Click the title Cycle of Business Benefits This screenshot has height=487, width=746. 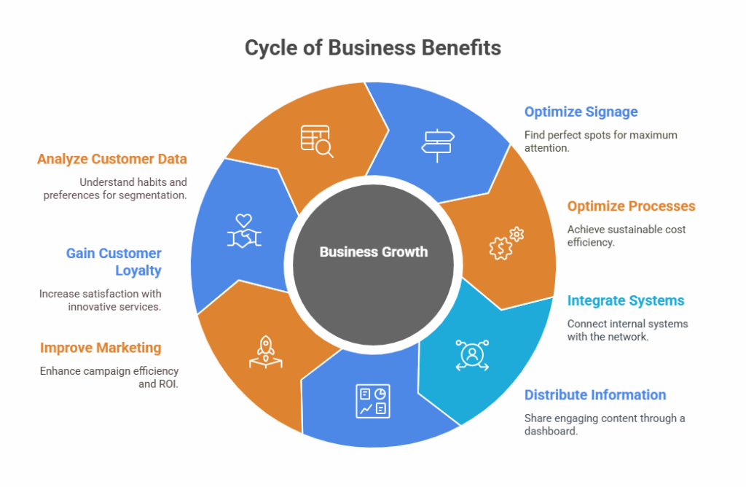point(372,48)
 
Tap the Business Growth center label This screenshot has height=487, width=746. point(373,252)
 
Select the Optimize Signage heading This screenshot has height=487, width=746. point(581,112)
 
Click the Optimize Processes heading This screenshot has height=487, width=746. point(631,206)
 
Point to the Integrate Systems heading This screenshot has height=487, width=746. point(626,300)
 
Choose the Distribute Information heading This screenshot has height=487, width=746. point(595,395)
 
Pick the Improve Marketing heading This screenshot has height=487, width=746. point(101,348)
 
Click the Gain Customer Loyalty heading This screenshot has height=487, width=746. point(114,262)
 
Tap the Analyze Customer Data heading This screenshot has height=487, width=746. point(112,159)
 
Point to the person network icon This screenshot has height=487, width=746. point(472,355)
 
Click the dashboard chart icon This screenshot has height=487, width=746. point(373,401)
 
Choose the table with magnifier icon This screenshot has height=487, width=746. point(317,141)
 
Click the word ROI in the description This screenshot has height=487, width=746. point(168,383)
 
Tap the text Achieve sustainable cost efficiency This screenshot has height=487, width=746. point(627,235)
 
